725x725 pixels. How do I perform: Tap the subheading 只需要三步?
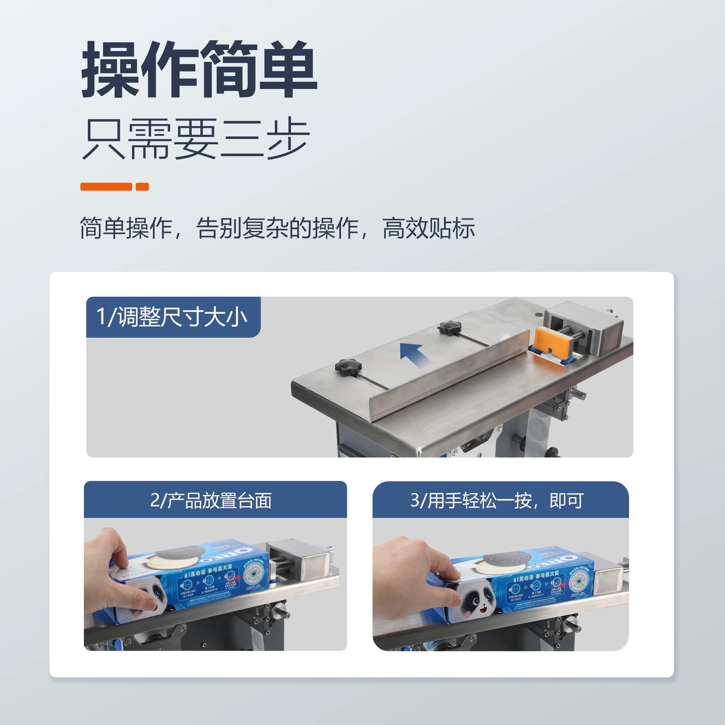196,139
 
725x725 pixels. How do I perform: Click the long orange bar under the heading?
106,187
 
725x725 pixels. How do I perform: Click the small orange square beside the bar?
142,187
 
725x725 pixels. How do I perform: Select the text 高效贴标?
429,228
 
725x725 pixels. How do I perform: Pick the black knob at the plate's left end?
348,367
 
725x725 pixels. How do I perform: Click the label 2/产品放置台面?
211,501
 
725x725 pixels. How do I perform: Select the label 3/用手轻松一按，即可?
497,501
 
